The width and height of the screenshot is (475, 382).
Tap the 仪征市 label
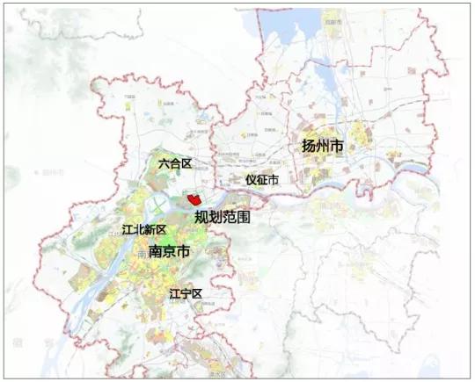pos(262,179)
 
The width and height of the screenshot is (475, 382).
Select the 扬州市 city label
pos(322,147)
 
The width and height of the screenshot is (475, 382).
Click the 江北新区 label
pos(145,230)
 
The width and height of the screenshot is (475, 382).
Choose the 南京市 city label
pos(169,251)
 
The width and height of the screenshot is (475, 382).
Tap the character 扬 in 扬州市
pos(309,147)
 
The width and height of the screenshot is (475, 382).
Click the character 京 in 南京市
pos(169,251)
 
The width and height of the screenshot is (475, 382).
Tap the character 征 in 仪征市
pos(262,179)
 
